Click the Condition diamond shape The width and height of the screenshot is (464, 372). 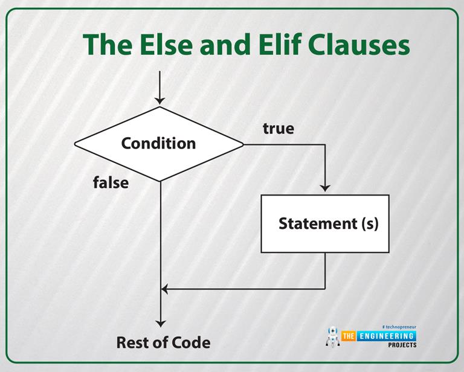[x=159, y=144]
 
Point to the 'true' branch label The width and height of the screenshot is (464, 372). [x=278, y=129]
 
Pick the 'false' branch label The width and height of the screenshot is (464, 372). [x=111, y=182]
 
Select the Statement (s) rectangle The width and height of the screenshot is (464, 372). [x=325, y=223]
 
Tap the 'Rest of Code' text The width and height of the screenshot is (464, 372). [x=163, y=342]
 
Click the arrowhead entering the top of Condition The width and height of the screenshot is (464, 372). [x=159, y=100]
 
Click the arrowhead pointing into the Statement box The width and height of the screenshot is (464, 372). [x=325, y=188]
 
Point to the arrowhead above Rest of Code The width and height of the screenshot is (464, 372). [x=160, y=322]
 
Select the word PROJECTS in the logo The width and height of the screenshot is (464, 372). [x=402, y=345]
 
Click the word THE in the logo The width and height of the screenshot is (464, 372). [x=349, y=336]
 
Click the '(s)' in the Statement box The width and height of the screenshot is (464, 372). [x=370, y=223]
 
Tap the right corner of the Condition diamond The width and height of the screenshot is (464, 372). [x=242, y=144]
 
